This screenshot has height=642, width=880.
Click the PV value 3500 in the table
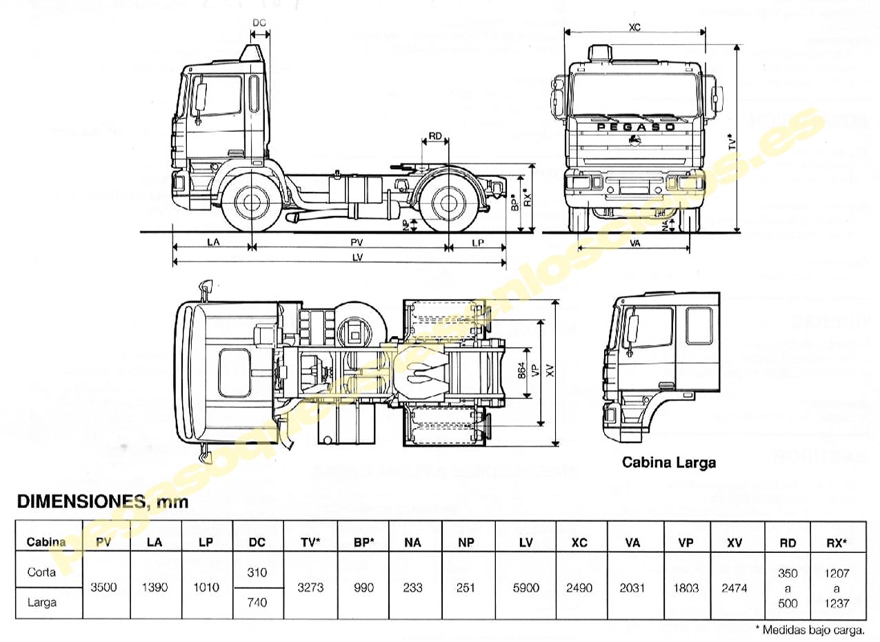point(103,587)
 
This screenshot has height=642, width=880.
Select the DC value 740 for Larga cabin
point(257,603)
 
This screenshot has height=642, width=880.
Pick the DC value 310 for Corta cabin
point(257,572)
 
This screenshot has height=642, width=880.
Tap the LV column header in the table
point(526,543)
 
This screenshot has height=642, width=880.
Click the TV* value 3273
point(310,587)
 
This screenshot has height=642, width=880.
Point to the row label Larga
point(42,603)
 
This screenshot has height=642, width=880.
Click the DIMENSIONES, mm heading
point(102,502)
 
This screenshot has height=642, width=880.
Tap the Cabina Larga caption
point(668,463)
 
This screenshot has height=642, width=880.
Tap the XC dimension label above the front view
point(634,27)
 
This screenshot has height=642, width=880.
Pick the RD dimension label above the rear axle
point(435,136)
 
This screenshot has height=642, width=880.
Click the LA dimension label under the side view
point(212,242)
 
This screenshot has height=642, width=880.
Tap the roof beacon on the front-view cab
point(601,52)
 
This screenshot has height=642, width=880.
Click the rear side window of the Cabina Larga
point(699,325)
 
